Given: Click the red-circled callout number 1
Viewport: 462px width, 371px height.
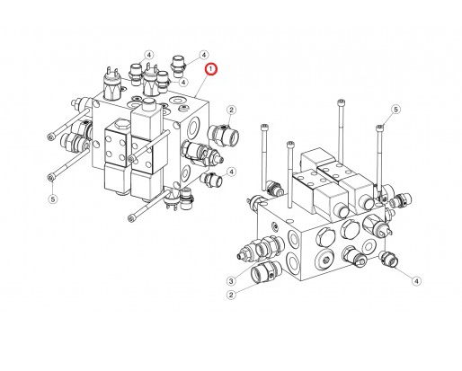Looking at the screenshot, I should pyautogui.click(x=211, y=67).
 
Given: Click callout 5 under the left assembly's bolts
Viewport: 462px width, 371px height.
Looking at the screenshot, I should pyautogui.click(x=52, y=199).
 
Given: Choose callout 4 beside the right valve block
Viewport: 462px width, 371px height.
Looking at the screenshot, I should pyautogui.click(x=416, y=281).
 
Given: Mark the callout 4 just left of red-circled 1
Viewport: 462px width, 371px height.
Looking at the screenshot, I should pyautogui.click(x=203, y=55).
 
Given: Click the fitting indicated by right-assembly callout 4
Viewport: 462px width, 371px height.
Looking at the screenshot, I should pyautogui.click(x=389, y=260).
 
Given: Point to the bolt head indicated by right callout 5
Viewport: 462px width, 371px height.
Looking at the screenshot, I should pyautogui.click(x=379, y=128).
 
